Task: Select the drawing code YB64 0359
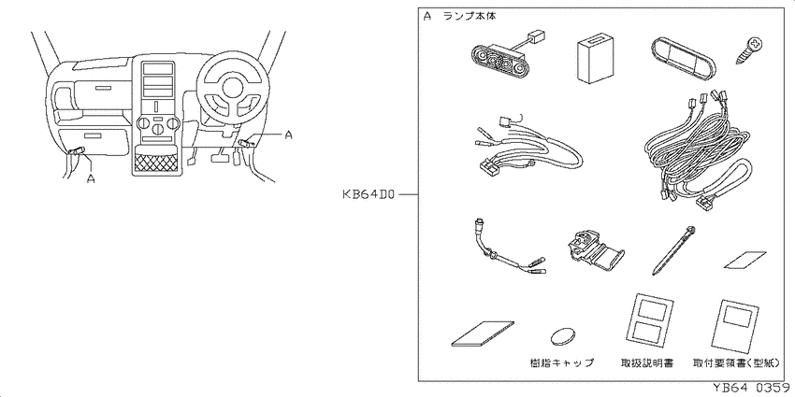[752, 388]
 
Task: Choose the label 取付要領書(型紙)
[738, 362]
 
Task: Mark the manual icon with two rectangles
[647, 321]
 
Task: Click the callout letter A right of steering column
[288, 135]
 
